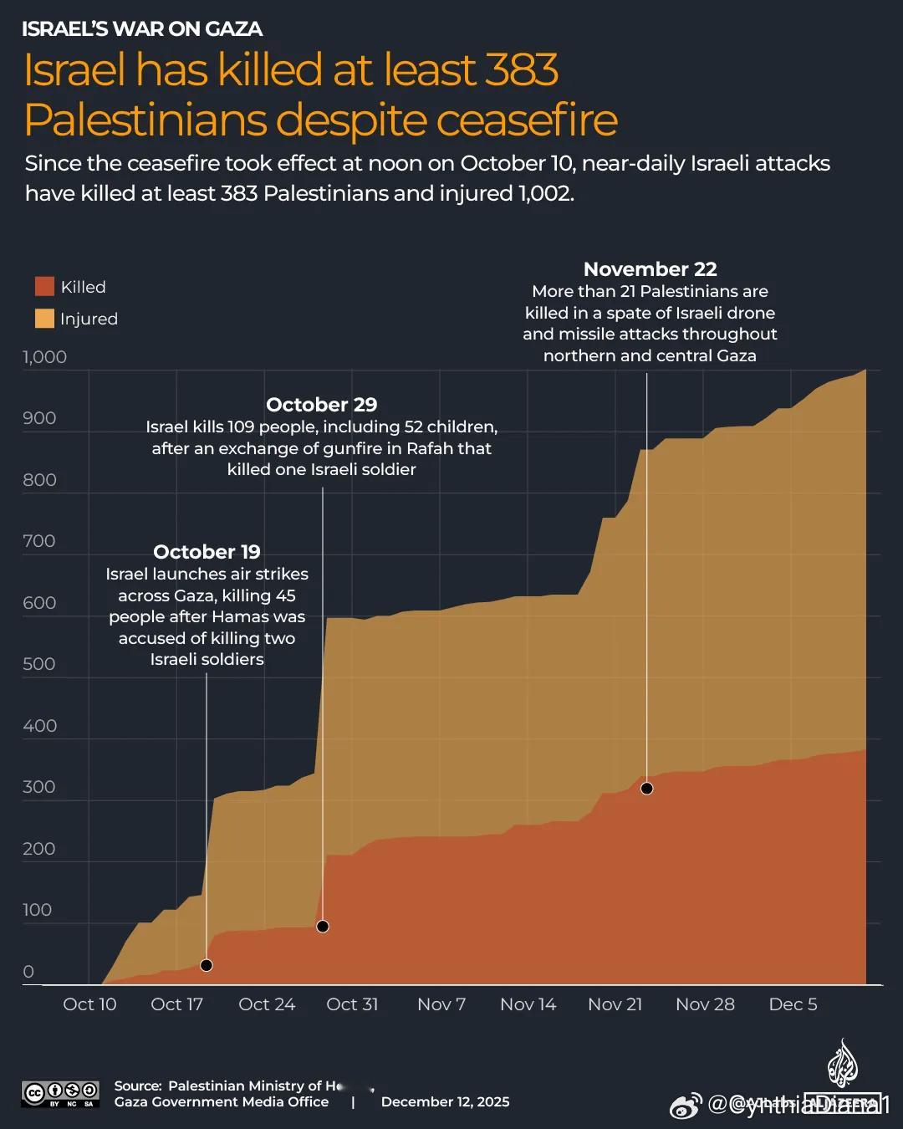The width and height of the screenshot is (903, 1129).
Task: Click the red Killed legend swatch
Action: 44,287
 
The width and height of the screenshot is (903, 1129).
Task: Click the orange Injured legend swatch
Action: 44,319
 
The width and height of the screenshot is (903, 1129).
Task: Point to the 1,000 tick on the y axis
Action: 44,357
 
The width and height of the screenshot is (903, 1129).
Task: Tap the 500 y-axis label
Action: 39,664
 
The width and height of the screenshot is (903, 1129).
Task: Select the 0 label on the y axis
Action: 28,972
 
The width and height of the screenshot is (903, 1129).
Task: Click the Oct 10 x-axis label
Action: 89,1004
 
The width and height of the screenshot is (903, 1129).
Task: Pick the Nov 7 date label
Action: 441,1004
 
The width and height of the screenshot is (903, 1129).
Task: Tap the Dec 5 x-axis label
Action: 793,1004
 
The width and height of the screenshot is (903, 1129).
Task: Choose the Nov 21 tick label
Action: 615,1004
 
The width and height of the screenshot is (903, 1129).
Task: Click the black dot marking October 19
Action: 207,965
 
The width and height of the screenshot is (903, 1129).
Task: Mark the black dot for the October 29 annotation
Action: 323,927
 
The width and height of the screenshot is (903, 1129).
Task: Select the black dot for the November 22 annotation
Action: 646,789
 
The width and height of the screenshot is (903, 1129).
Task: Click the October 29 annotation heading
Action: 322,405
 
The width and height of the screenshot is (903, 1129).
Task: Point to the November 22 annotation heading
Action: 650,269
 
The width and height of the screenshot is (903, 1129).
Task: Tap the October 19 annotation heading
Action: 207,552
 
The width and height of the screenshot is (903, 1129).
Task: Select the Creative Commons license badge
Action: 60,1093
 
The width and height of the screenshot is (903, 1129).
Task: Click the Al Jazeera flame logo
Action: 842,1065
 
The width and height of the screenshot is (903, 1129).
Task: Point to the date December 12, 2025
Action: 445,1102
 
